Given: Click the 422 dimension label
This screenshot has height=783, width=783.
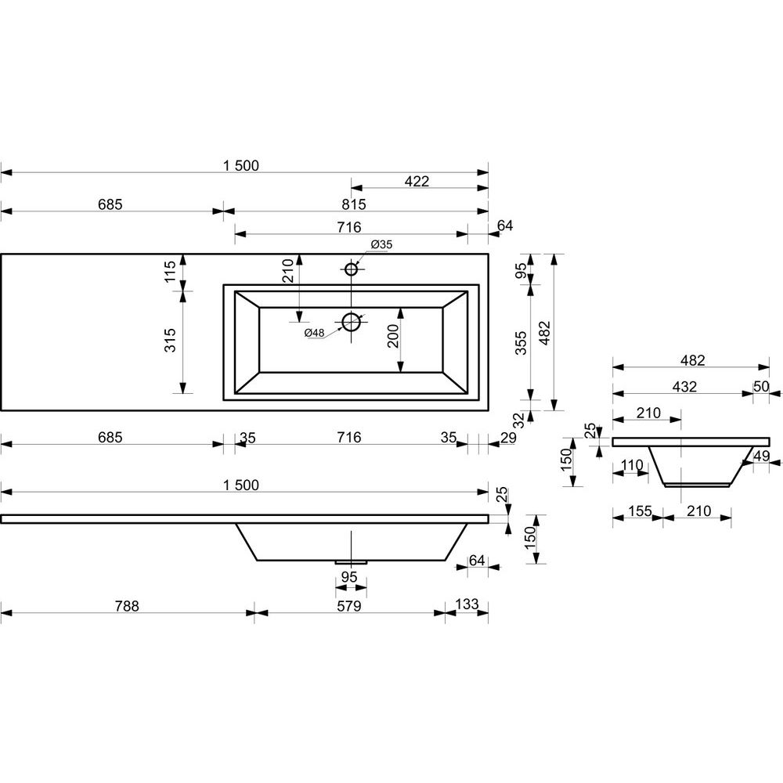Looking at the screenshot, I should coord(417,182).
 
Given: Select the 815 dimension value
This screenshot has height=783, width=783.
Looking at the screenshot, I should coord(353,204).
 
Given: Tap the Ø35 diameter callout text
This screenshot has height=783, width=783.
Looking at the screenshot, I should coord(381,245).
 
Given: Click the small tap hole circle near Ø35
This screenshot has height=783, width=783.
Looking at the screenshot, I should coord(351,269).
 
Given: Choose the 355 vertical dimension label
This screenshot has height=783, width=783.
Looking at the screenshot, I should coord(520,341).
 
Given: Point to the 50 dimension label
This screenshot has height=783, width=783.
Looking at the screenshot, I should coord(761,387).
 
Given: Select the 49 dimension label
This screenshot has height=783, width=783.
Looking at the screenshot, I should coord(762,456).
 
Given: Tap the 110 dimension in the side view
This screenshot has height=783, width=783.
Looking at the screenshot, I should coord(631,466).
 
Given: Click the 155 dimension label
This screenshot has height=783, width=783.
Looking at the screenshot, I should coord(639,511).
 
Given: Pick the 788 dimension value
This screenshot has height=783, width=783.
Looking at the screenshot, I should coord(127,605).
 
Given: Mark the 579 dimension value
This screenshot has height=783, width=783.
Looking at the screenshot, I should coord(349,605).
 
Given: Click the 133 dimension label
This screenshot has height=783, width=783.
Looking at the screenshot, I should coord(467,605).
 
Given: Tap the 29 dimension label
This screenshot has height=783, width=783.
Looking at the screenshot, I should coord(507,438).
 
